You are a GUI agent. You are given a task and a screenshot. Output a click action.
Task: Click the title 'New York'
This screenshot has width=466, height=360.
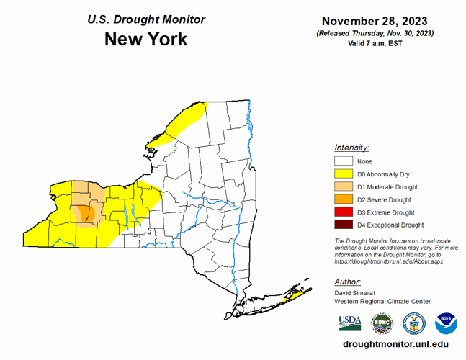145,39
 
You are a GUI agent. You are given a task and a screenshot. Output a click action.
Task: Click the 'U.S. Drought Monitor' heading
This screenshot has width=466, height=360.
146,19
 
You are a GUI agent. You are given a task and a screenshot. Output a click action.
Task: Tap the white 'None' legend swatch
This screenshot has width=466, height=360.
344,161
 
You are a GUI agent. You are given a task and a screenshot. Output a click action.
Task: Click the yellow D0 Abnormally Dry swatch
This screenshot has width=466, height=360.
344,174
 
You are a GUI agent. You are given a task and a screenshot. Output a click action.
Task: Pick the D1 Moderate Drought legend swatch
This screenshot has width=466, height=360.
344,187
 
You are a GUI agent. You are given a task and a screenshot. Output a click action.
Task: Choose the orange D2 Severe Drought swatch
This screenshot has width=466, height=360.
344,199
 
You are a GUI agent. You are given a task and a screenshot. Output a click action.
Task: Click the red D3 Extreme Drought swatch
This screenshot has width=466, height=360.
344,212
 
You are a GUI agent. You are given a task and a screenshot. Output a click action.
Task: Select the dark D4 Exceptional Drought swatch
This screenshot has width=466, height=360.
344,225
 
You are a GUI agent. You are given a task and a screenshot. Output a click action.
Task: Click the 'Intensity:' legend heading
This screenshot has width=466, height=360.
351,147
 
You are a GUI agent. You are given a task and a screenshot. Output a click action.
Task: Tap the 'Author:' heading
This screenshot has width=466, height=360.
348,282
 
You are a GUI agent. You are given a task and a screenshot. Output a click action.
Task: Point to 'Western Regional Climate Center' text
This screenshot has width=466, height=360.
382,301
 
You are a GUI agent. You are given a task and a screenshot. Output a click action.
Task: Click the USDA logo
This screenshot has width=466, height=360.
349,321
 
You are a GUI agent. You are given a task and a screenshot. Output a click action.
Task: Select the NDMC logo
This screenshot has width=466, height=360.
382,321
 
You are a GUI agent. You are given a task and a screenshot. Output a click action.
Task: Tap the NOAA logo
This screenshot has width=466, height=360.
446,321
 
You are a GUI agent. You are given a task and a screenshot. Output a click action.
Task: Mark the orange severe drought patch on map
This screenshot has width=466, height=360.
84,215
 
